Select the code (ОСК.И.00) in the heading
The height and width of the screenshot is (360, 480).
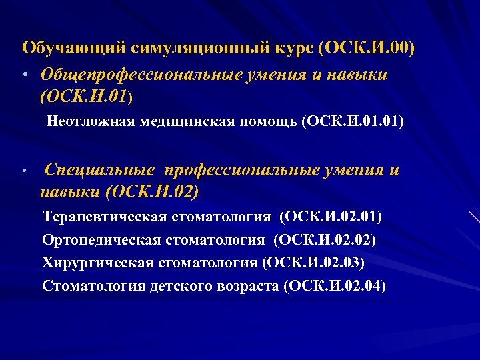click(x=367, y=49)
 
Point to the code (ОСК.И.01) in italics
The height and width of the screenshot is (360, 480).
click(x=87, y=97)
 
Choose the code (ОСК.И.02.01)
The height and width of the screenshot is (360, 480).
click(x=331, y=217)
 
